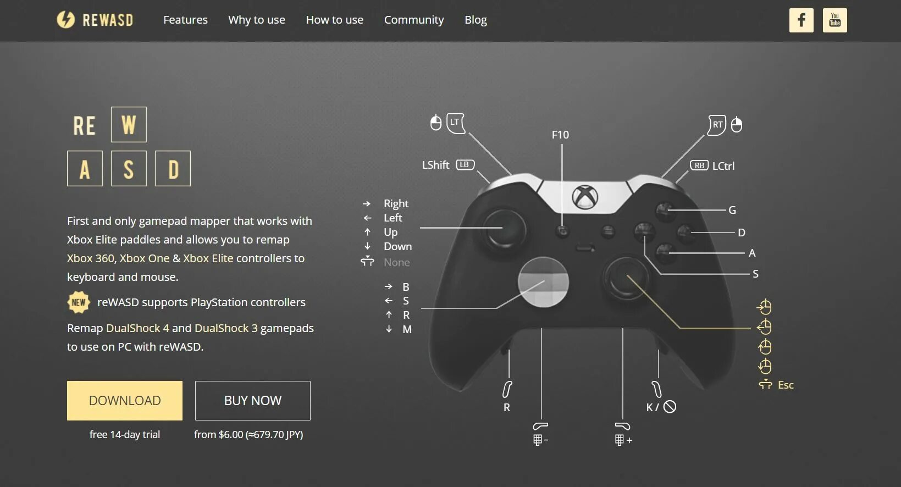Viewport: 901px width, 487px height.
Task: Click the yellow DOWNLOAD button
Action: tap(125, 401)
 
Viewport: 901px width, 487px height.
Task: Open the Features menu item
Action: tap(185, 20)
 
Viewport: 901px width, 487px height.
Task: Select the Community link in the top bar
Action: tap(414, 20)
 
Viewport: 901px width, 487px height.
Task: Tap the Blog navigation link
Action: tap(476, 20)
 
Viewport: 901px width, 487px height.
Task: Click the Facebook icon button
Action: tap(801, 20)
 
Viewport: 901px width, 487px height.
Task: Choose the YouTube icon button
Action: tap(834, 20)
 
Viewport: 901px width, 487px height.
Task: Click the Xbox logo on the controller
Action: tap(585, 197)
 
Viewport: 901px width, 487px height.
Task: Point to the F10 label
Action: tap(560, 135)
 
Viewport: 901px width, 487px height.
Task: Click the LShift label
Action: tap(435, 165)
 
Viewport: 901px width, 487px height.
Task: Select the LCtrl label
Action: tap(723, 166)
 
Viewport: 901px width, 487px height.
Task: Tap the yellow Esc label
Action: tap(786, 385)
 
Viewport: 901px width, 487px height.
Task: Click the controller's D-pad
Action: tap(543, 282)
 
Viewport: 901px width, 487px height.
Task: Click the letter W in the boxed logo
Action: tap(129, 125)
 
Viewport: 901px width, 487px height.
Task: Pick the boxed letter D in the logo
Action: tap(173, 169)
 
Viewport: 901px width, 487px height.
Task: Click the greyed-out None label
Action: tap(396, 262)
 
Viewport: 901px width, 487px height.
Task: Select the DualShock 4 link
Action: tap(137, 328)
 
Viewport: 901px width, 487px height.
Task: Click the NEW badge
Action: tap(79, 302)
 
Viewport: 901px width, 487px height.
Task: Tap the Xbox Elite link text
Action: tap(208, 258)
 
